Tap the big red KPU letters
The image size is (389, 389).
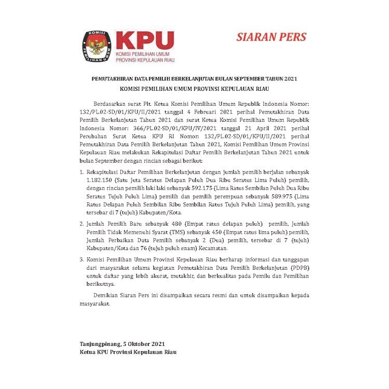point(144,41)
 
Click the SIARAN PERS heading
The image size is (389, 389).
point(271,37)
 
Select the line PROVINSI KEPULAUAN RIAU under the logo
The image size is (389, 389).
point(144,61)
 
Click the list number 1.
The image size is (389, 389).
point(81,185)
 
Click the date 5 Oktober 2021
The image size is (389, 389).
point(145,344)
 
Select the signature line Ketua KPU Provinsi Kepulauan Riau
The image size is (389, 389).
point(128,352)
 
